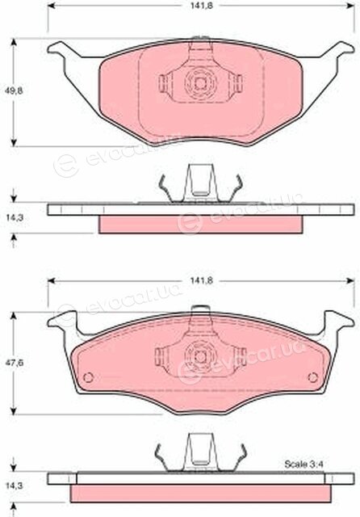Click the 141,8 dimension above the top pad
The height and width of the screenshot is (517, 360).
coord(201,6)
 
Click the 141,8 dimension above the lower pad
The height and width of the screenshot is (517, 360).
coord(201,280)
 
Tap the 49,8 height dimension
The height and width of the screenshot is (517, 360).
coord(15,90)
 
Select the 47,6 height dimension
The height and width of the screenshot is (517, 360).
coord(15,363)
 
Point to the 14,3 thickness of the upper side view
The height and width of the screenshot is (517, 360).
coord(15,217)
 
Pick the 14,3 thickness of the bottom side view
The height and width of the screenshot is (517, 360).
coord(15,486)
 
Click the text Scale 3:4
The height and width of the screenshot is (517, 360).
coord(303,464)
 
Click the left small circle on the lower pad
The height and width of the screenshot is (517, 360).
coord(89,377)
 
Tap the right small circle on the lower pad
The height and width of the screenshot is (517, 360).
coord(312,377)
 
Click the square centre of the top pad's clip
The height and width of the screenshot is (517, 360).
coord(200,82)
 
